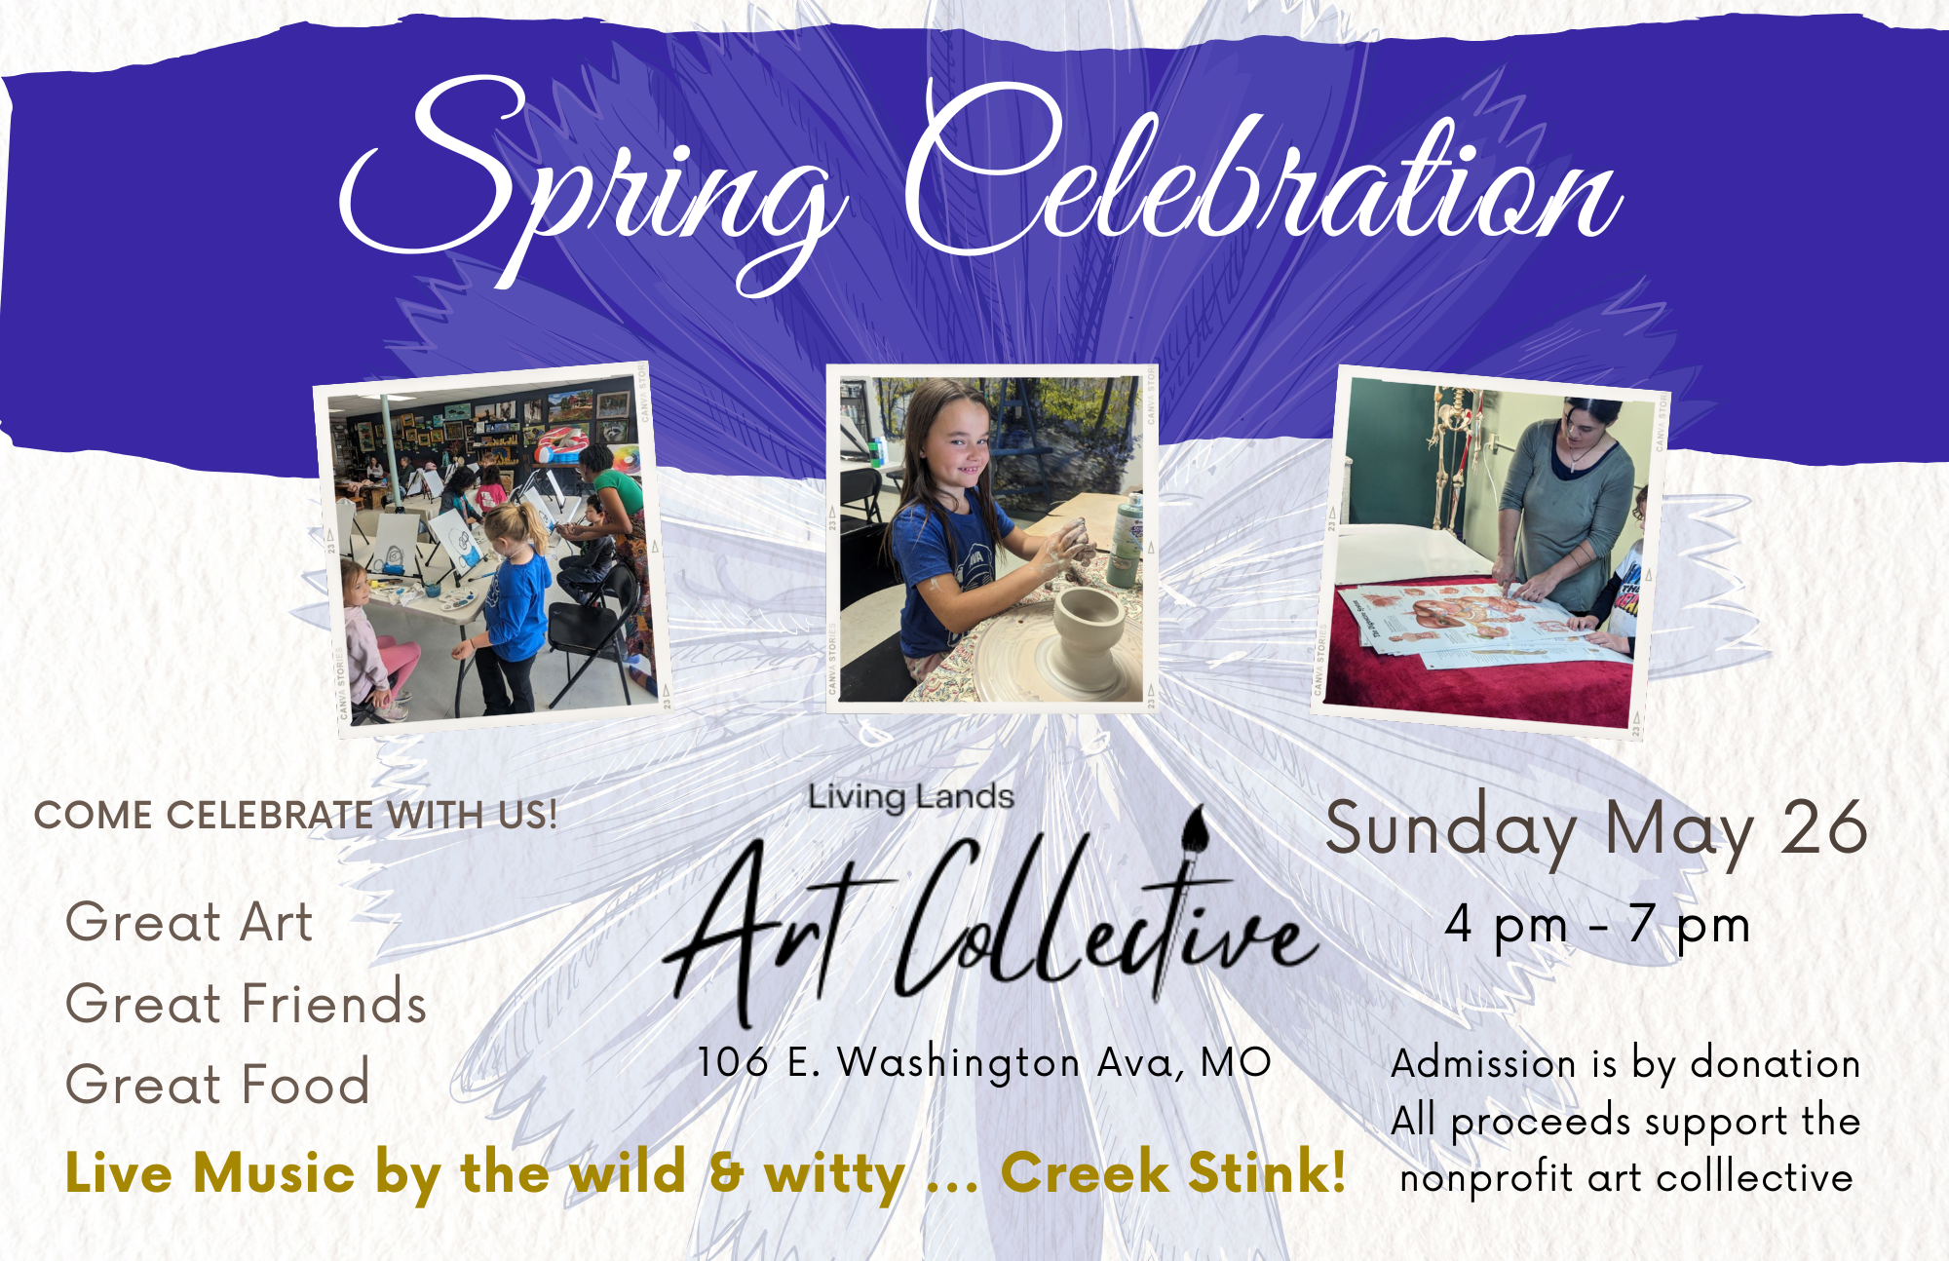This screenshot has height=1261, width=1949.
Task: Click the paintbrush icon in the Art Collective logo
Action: click(x=1194, y=834)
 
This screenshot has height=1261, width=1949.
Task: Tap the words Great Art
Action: click(x=189, y=922)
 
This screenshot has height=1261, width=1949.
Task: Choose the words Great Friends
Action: click(x=247, y=1003)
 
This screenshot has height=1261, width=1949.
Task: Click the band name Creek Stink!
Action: click(x=1173, y=1171)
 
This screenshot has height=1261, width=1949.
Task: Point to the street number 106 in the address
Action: click(x=733, y=1062)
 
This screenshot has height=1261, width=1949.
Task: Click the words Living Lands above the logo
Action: click(x=911, y=797)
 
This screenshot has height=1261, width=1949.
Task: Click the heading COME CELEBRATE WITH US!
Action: click(x=296, y=815)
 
